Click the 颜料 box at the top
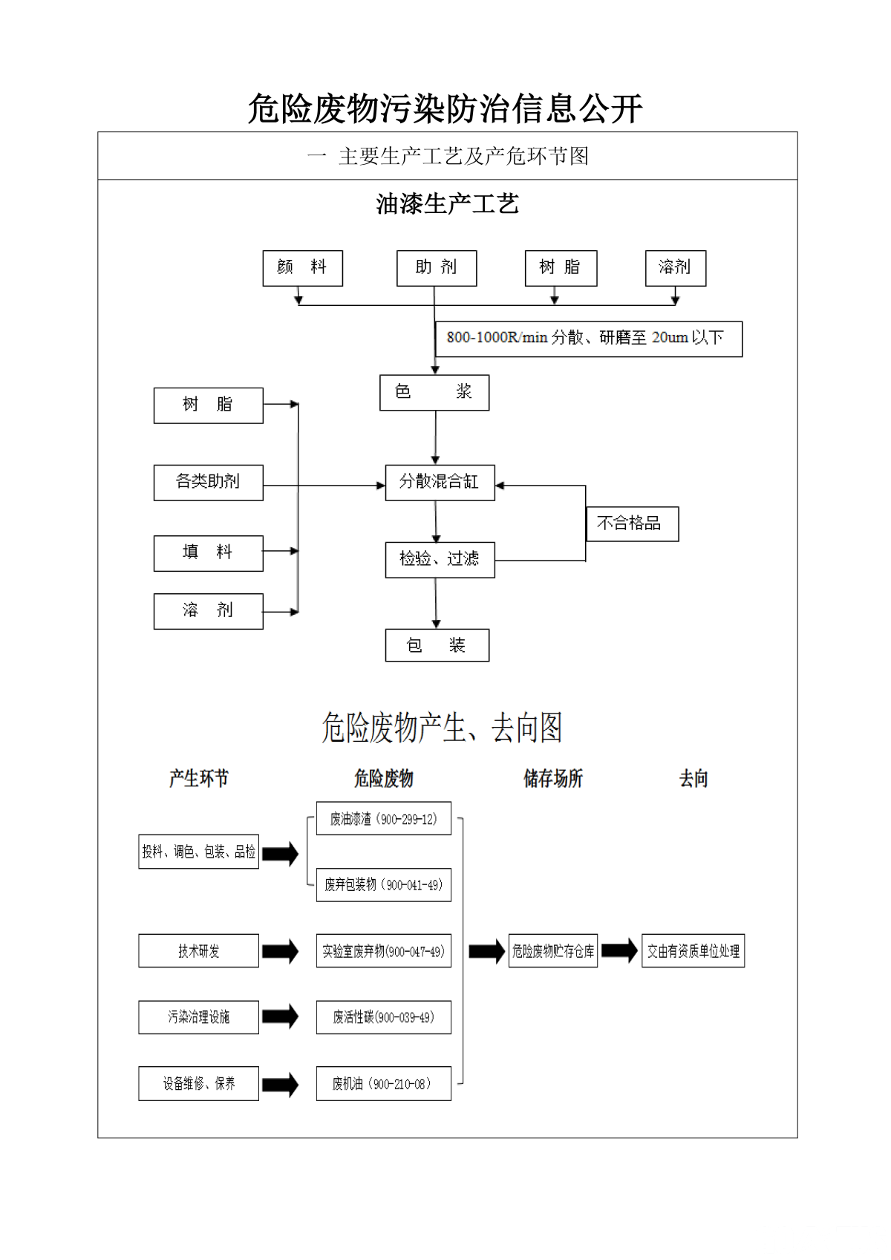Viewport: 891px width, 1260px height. pos(302,268)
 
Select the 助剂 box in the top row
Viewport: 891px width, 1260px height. pos(437,268)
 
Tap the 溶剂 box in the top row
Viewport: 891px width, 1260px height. pos(675,268)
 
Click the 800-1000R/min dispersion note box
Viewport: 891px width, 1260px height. pos(588,339)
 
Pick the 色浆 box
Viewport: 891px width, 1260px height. pos(434,393)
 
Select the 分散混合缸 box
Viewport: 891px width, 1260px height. pos(440,483)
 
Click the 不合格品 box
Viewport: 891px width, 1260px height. pos(632,524)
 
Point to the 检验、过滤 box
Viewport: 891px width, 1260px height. pos(440,559)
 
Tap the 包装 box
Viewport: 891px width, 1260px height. pos(437,645)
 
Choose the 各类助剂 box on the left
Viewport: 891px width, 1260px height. pos(208,483)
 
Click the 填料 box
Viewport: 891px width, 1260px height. pos(208,553)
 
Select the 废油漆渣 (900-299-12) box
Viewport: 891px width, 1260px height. pos(383,818)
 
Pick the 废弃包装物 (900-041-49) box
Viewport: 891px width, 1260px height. pos(383,885)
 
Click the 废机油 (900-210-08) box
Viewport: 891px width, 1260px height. pos(383,1083)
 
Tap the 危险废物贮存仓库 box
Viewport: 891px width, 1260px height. pos(553,950)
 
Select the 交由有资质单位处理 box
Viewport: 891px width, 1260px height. pos(693,950)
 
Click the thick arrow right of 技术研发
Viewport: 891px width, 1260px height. pos(280,951)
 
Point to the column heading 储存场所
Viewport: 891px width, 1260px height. pos(553,778)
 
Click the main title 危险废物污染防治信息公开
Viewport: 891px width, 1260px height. pos(445,109)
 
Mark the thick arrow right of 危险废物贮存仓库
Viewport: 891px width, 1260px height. pos(619,950)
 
